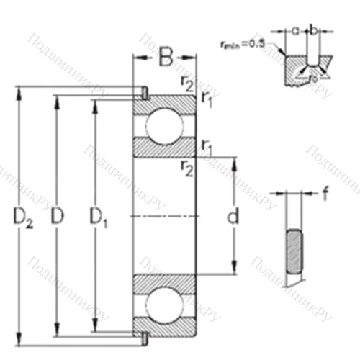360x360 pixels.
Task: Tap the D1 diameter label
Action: [99, 215]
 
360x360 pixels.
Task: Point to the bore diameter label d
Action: [232, 215]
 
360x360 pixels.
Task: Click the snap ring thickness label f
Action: [326, 192]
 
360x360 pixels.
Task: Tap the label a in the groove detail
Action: [297, 30]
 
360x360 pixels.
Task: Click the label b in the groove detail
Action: [313, 30]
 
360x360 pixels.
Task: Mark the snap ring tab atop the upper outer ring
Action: [144, 92]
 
